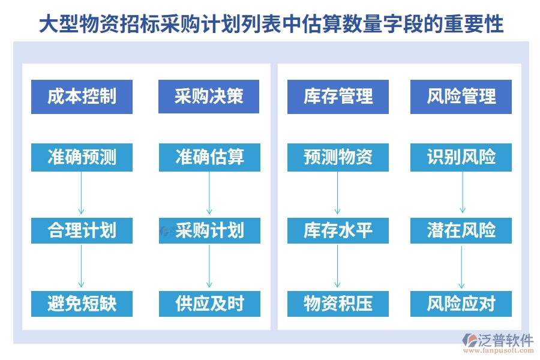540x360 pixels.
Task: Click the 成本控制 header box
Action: point(82,96)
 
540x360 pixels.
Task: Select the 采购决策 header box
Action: point(209,96)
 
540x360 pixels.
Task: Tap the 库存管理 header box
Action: point(338,96)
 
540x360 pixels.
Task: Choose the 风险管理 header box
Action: point(461,96)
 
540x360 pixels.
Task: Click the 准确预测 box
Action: point(82,157)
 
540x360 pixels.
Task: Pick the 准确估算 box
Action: point(209,157)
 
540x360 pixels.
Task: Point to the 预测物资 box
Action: point(338,157)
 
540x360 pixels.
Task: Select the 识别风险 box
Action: point(461,157)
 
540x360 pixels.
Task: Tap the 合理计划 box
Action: point(82,230)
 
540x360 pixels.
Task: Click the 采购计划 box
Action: point(209,230)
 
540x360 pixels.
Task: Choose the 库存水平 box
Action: point(338,230)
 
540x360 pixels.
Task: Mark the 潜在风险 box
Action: point(461,230)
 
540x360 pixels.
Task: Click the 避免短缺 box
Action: point(82,303)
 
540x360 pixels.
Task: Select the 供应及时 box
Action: point(209,303)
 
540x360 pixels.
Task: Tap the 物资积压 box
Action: point(338,303)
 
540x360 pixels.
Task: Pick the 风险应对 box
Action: point(461,303)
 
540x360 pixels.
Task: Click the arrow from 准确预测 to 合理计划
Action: point(81,193)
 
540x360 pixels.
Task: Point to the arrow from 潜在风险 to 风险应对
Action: point(461,266)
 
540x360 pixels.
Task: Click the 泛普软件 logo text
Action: point(505,340)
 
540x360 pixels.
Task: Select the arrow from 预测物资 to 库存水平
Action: point(338,193)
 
